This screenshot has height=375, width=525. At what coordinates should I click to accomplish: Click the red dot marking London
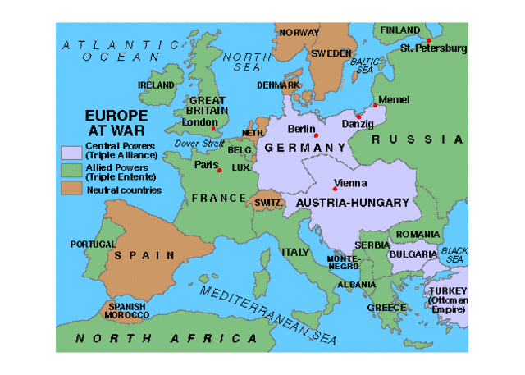coord(213,129)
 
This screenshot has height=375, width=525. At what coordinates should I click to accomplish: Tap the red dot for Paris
coord(219,170)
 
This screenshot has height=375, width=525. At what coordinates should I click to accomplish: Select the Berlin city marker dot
coord(316,135)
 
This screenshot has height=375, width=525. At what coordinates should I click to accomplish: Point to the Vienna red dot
coord(335,189)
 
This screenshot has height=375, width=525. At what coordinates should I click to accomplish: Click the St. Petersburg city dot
coord(428,40)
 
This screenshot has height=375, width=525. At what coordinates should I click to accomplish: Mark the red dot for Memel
coord(375,105)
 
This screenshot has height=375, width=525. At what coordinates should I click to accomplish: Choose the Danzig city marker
coord(358,117)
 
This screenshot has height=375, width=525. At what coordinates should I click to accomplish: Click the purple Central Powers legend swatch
coord(71,151)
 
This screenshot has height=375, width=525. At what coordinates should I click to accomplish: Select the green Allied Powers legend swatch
coord(71,170)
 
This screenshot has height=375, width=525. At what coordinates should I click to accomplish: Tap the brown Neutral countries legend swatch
coord(71,189)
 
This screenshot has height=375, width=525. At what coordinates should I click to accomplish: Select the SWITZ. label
coord(268,202)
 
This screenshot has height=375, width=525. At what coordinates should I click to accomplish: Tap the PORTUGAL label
coord(93,244)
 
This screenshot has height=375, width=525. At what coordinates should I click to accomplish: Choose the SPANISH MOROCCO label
coord(126,311)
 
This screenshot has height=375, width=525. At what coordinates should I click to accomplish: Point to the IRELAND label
coord(156,85)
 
